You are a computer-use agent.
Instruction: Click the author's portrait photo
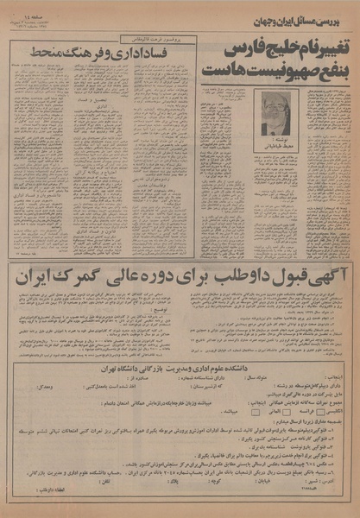click(277, 113)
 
